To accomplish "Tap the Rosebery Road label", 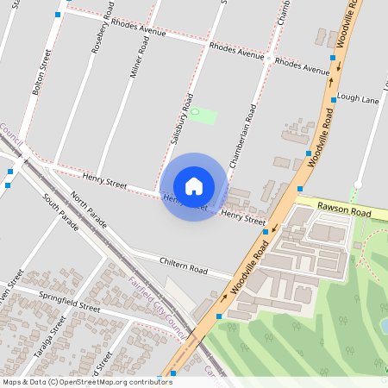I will point(102,34).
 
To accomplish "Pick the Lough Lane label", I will point(359,100).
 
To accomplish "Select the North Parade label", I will point(91,210).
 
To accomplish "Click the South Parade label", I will point(60,211).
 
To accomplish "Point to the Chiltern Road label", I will point(183,265).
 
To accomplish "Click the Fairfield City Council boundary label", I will point(159,306).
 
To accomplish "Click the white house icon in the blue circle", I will point(194,186).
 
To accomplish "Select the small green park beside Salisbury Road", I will point(203,115).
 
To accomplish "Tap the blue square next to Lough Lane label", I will point(334,100).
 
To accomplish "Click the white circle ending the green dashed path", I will point(358,184).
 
